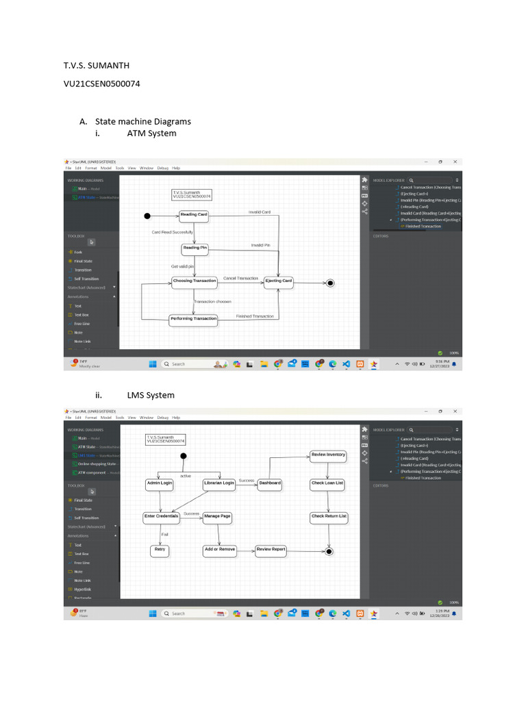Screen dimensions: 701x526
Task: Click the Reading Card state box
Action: [194, 215]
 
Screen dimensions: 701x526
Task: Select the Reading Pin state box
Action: [195, 248]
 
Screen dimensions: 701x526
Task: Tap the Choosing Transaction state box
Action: [195, 281]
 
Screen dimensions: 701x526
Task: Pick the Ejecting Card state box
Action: [279, 281]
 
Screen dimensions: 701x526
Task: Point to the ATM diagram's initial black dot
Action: [147, 216]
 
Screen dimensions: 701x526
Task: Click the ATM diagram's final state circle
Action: [330, 282]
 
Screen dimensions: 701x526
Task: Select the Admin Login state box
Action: [160, 483]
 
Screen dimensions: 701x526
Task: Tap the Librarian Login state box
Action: [219, 483]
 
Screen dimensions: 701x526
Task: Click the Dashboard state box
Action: [269, 483]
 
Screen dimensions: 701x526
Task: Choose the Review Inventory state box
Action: [328, 455]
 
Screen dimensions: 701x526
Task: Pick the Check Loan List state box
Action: [327, 483]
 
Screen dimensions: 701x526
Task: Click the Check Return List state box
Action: [329, 517]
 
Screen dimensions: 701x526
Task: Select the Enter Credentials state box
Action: [161, 517]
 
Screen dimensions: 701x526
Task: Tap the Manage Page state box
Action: [217, 517]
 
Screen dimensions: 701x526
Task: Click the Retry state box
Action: [160, 550]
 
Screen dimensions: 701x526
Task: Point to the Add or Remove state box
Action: [219, 550]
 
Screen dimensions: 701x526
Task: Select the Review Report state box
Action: [271, 550]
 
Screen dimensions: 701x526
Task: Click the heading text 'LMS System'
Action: [151, 395]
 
